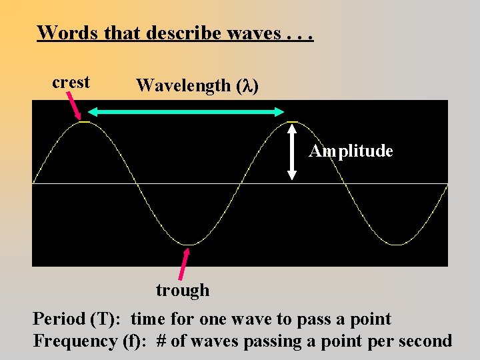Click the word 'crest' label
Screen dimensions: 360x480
pyautogui.click(x=71, y=83)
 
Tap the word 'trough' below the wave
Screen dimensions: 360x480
pyautogui.click(x=183, y=290)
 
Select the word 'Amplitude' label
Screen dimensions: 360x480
pyautogui.click(x=351, y=151)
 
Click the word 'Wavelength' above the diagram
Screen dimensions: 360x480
pyautogui.click(x=183, y=86)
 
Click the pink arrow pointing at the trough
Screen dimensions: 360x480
pyautogui.click(x=183, y=263)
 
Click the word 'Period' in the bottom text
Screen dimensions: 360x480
pyautogui.click(x=59, y=319)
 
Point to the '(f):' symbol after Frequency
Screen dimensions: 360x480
pyautogui.click(x=137, y=341)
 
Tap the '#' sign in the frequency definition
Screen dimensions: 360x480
pyautogui.click(x=161, y=341)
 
